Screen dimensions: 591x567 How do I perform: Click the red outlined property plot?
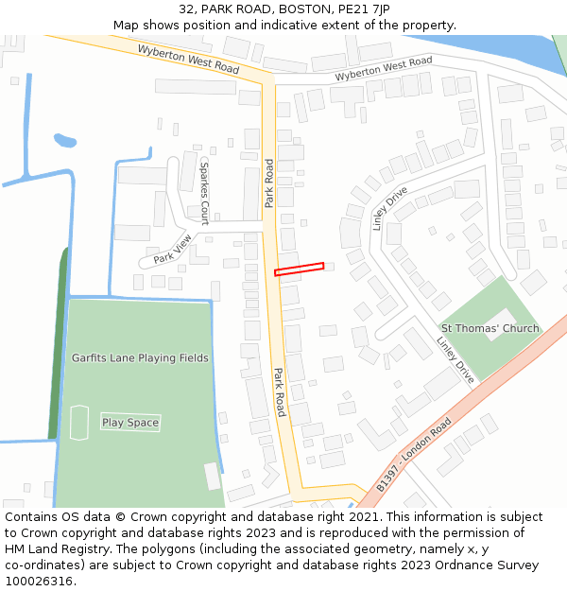pyautogui.click(x=299, y=269)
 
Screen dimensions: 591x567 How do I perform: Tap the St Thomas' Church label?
pyautogui.click(x=490, y=329)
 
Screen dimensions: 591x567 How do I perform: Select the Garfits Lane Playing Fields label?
pyautogui.click(x=140, y=358)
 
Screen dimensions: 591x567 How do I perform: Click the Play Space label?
pyautogui.click(x=130, y=423)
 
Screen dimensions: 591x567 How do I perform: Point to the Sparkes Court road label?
pyautogui.click(x=204, y=192)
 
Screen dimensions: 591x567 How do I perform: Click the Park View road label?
pyautogui.click(x=173, y=249)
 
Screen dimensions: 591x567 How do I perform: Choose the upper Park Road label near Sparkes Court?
pyautogui.click(x=269, y=183)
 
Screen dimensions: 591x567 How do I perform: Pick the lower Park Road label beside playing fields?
pyautogui.click(x=280, y=391)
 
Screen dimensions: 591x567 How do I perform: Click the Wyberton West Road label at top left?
pyautogui.click(x=188, y=59)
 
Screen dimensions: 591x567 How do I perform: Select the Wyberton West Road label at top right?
pyautogui.click(x=383, y=67)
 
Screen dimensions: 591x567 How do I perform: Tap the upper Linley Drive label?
pyautogui.click(x=389, y=208)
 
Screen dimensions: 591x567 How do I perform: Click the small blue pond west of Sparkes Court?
pyautogui.click(x=64, y=141)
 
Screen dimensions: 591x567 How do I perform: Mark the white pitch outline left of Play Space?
pyautogui.click(x=79, y=423)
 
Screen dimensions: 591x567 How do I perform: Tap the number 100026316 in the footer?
pyautogui.click(x=41, y=582)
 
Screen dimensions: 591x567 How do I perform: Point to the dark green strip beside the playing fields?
pyautogui.click(x=58, y=340)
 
